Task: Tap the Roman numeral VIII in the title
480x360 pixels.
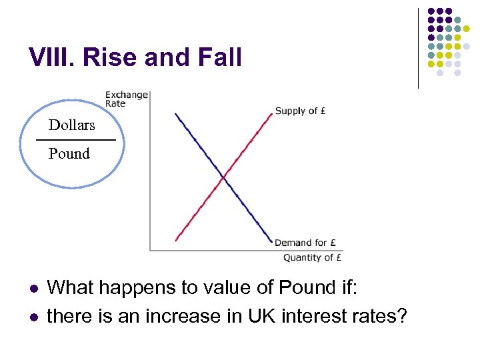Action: [x=51, y=58]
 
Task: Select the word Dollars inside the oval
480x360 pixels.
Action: [x=71, y=125]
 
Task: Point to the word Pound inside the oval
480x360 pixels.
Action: [x=69, y=154]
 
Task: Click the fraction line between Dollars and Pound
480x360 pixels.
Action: [x=75, y=140]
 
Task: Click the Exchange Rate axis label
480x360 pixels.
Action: [x=126, y=99]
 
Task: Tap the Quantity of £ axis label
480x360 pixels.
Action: [x=313, y=257]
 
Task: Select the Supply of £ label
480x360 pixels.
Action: [x=300, y=111]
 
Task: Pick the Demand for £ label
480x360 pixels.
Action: [x=305, y=243]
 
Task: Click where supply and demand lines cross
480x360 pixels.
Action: [x=224, y=178]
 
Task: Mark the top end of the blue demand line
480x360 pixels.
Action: [x=175, y=114]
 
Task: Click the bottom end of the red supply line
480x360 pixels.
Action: [x=176, y=240]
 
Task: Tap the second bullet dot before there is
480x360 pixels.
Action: [x=33, y=315]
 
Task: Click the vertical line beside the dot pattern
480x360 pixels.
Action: [x=418, y=48]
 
